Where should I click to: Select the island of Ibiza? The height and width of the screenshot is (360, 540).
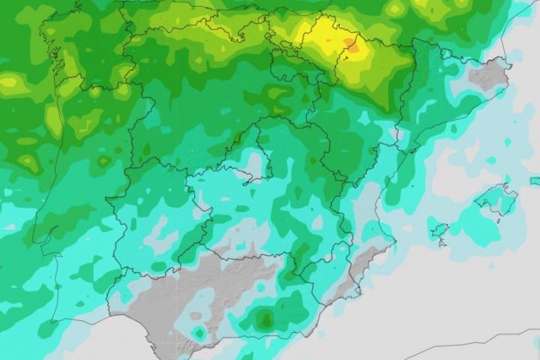439,229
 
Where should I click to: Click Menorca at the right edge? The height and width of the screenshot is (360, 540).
535,181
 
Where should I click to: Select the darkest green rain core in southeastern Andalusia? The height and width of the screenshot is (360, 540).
264,320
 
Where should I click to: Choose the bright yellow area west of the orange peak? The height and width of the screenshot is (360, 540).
319,34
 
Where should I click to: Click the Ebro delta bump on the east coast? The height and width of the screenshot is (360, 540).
409,147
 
